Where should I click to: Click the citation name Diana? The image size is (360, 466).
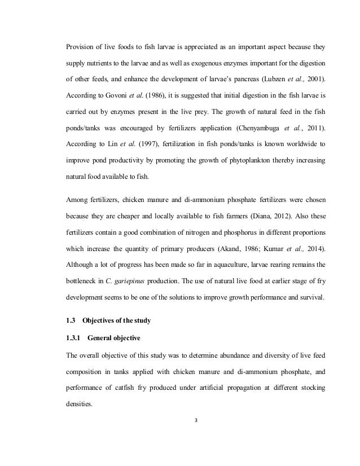click(x=273, y=214)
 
